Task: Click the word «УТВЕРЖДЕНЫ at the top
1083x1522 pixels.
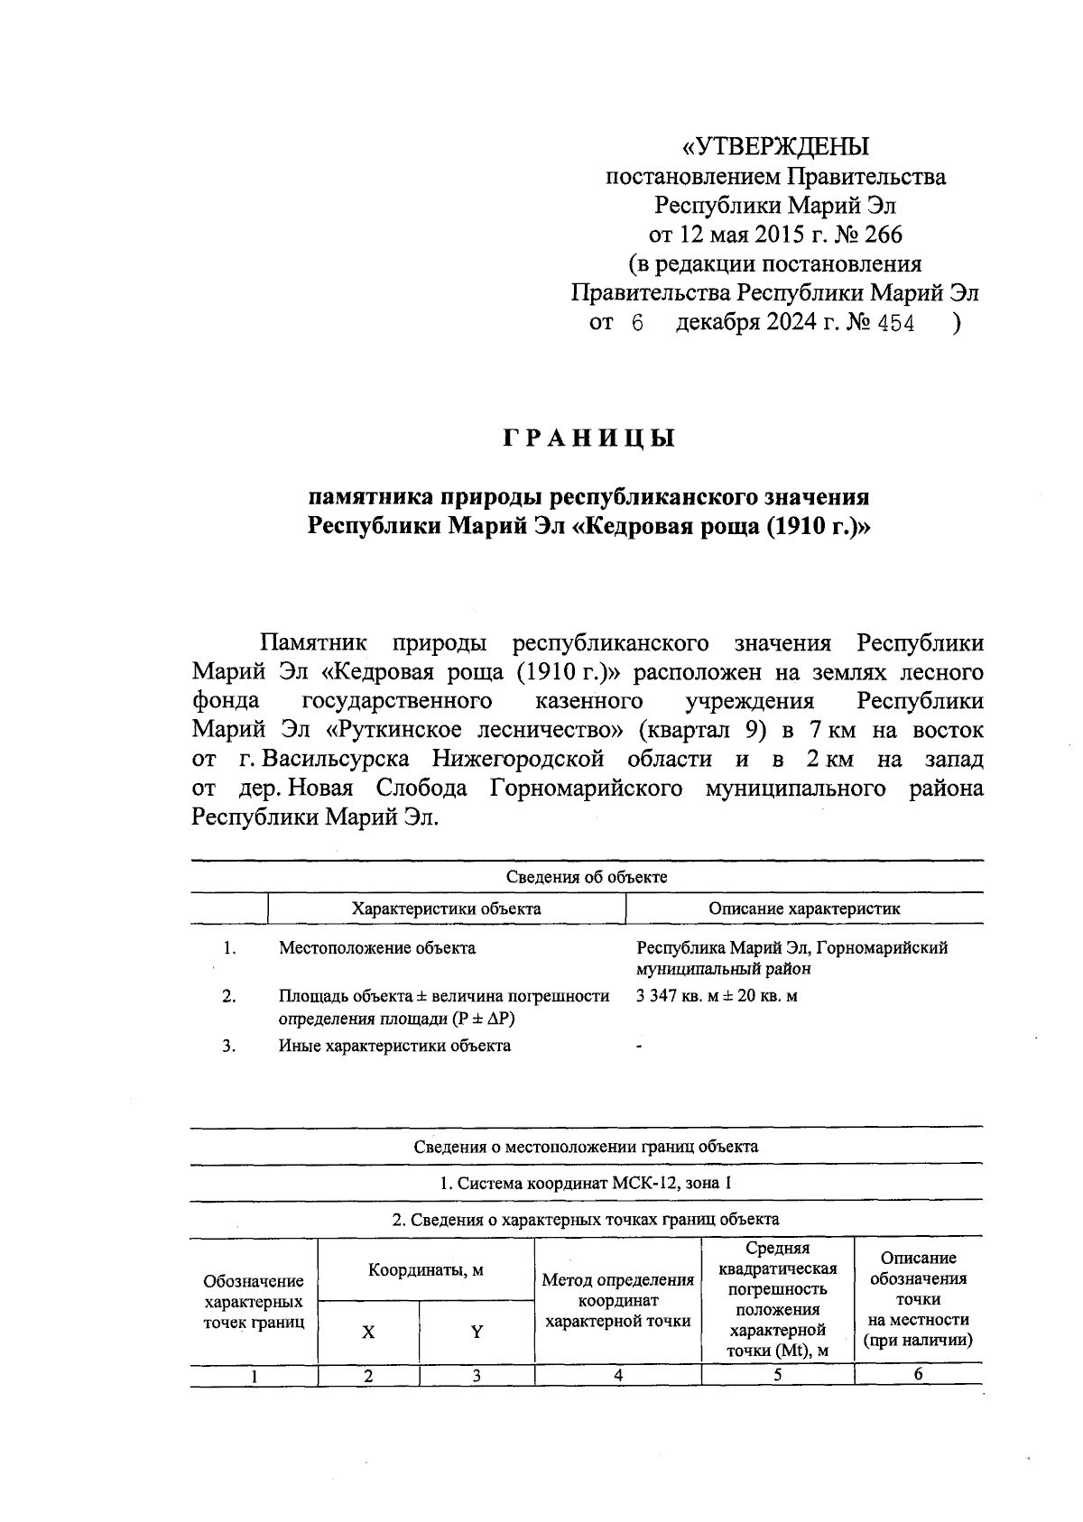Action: tap(775, 146)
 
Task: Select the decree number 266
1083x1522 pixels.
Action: tap(883, 235)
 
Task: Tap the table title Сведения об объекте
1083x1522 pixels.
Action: tap(587, 877)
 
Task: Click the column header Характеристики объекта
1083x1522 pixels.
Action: tap(446, 909)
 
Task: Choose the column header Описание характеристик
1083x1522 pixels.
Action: tap(803, 909)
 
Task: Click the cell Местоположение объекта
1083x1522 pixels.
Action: tap(377, 948)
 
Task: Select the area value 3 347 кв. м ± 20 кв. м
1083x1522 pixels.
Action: tap(717, 997)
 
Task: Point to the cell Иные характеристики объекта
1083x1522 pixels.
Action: tap(394, 1046)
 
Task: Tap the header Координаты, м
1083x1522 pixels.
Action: tap(426, 1269)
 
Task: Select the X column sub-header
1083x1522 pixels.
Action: tap(368, 1332)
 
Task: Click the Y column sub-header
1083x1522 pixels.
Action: tap(477, 1332)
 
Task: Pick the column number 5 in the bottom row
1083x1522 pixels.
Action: tap(777, 1375)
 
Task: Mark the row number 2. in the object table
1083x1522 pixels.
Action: tap(229, 997)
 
